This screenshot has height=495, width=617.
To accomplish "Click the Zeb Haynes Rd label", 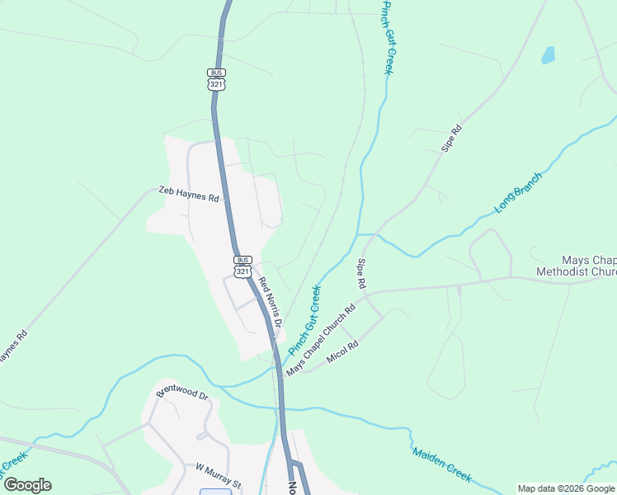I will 190,194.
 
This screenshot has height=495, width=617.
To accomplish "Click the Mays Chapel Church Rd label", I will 321,341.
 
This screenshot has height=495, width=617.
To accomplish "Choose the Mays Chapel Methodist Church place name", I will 576,265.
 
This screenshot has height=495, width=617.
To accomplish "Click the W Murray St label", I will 217,476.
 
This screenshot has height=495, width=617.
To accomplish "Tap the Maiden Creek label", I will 441,465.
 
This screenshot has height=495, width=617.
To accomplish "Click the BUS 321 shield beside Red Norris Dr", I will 243,266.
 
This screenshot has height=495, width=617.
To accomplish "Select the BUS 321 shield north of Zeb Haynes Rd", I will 216,79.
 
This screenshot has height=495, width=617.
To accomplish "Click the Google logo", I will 27,485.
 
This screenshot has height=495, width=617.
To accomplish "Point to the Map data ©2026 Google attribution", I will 566,488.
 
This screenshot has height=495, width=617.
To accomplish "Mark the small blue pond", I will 548,55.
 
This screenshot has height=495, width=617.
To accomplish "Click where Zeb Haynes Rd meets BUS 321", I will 225,200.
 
